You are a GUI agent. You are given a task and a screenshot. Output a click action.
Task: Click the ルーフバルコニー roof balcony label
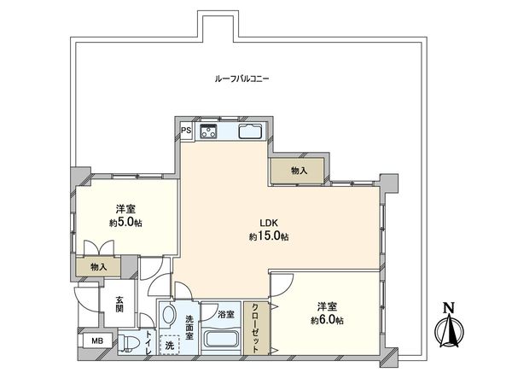point(242,79)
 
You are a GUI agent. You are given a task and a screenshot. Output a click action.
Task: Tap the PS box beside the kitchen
point(186,131)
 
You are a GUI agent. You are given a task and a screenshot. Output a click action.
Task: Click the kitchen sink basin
point(250,131)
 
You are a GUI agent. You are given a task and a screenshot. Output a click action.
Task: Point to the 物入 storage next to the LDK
point(299,171)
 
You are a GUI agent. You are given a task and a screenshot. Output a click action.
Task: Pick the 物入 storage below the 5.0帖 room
point(100,267)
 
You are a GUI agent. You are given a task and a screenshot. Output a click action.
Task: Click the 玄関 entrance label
point(119,305)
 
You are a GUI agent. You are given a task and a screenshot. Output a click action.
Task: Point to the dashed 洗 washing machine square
point(171,346)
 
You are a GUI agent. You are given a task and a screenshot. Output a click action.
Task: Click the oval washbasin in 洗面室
point(168,316)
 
